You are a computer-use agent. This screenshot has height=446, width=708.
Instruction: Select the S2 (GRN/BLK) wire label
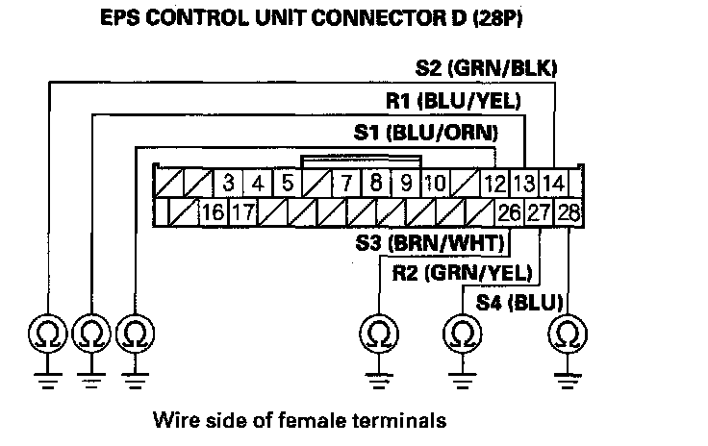pos(487,67)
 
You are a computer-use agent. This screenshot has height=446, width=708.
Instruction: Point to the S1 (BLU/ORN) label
pos(426,133)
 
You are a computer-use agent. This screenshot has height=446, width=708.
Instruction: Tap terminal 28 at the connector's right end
pos(569,211)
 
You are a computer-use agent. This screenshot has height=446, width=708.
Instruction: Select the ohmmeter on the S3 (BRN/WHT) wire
pos(378,334)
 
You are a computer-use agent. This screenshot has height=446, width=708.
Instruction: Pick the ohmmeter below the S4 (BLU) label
pos(569,334)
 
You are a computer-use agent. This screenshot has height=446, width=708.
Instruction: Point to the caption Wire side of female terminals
pos(299,420)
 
